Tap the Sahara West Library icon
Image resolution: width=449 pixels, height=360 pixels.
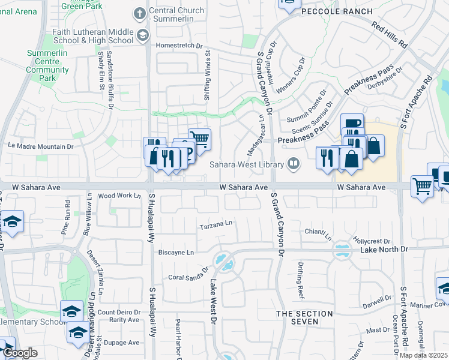[294, 163]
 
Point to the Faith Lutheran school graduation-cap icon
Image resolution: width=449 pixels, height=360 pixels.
[142, 35]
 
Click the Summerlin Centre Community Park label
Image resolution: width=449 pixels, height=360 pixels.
[47, 65]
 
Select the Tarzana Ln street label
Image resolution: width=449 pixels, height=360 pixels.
[216, 225]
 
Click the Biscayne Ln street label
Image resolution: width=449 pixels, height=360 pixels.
[176, 253]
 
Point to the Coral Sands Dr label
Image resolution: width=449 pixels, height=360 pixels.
[187, 277]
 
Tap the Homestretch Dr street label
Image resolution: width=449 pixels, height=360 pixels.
[179, 45]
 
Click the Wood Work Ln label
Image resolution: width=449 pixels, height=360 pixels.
[119, 196]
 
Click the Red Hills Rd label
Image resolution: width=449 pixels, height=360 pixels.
[389, 35]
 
